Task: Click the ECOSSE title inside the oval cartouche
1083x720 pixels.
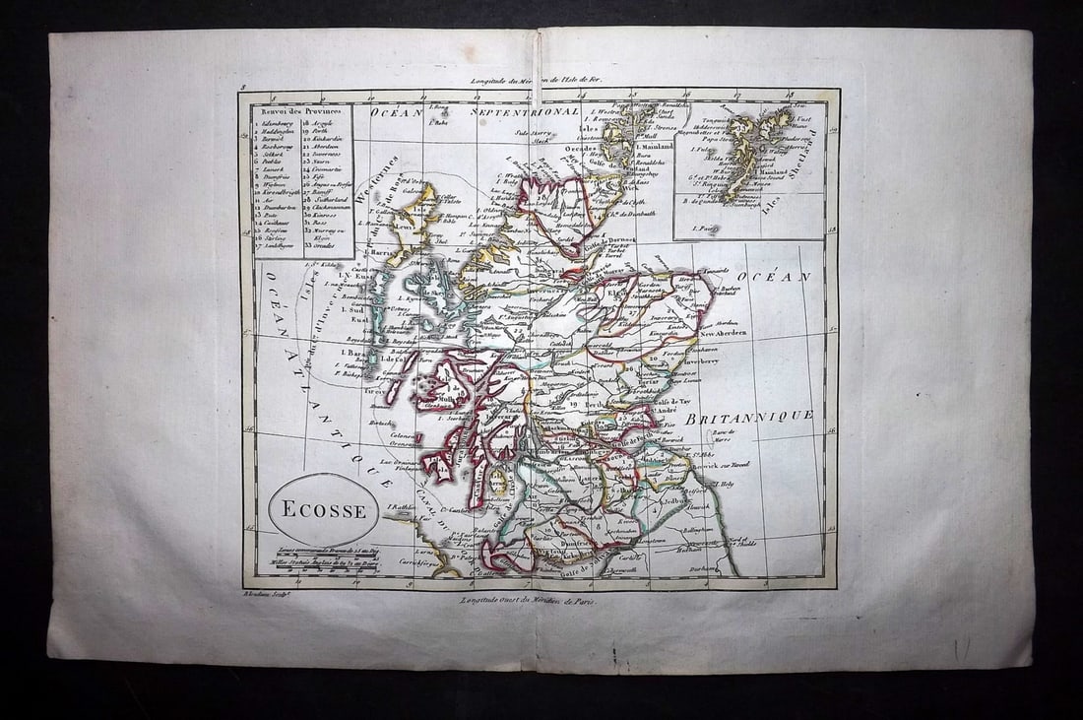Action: (x=323, y=510)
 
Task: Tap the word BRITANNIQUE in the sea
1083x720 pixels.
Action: (x=749, y=417)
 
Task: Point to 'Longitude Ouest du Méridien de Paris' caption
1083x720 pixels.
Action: (x=529, y=600)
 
